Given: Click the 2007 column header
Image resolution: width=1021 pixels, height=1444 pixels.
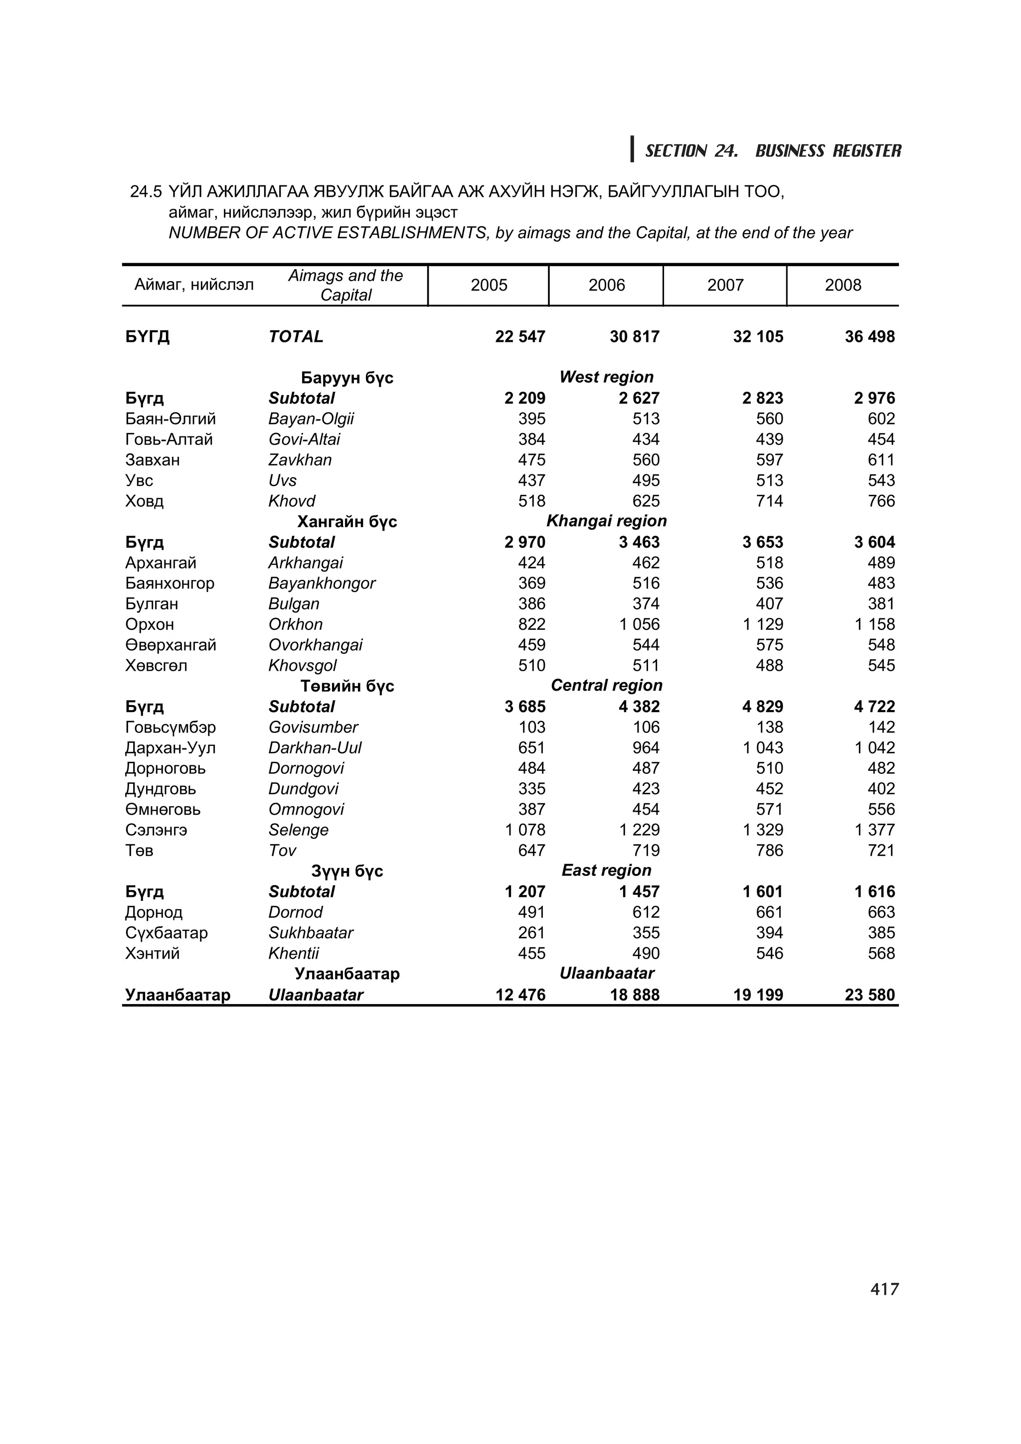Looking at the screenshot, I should coord(725,285).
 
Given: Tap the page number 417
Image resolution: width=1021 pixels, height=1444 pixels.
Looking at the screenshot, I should coord(884,1290).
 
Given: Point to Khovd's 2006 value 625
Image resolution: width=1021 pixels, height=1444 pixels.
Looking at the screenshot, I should coord(646,501).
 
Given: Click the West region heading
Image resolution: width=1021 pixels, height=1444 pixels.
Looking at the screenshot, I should coord(606,377).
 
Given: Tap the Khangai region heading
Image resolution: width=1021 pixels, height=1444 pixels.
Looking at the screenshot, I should coord(606,521).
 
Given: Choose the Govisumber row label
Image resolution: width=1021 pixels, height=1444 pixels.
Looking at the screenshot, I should coord(313,727).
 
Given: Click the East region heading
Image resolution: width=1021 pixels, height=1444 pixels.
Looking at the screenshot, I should coord(606,870).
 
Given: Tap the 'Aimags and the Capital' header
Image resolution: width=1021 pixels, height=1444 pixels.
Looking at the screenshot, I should coord(345,285).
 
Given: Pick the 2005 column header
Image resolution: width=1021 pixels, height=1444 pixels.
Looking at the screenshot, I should coord(488,285).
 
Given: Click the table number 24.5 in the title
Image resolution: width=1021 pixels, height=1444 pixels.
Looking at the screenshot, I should coord(145,192).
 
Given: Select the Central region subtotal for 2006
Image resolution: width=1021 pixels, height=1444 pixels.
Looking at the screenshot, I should coord(639,707).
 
